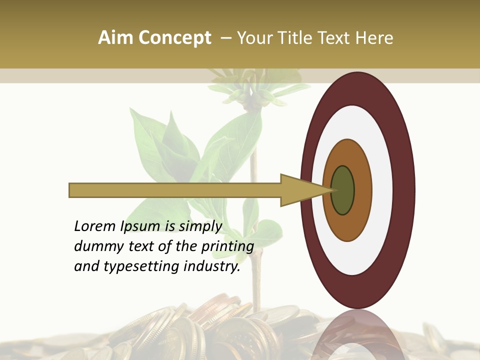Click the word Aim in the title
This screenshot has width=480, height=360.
(x=116, y=38)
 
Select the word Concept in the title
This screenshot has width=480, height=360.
(x=174, y=38)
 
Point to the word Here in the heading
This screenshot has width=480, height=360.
(x=374, y=38)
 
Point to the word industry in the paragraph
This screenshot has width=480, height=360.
(x=212, y=266)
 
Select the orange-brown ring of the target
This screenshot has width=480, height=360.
(x=363, y=190)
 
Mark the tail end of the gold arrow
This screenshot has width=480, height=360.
(x=72, y=190)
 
